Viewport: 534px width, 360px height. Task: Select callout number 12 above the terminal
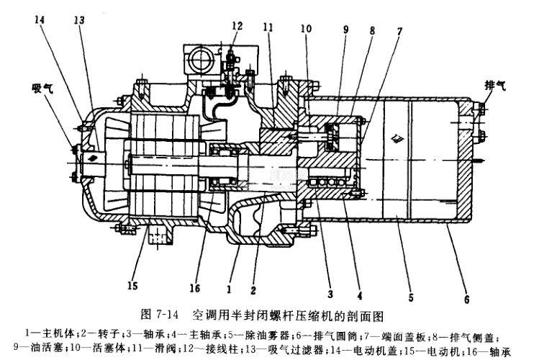237,26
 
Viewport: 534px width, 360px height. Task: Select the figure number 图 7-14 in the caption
160,315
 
